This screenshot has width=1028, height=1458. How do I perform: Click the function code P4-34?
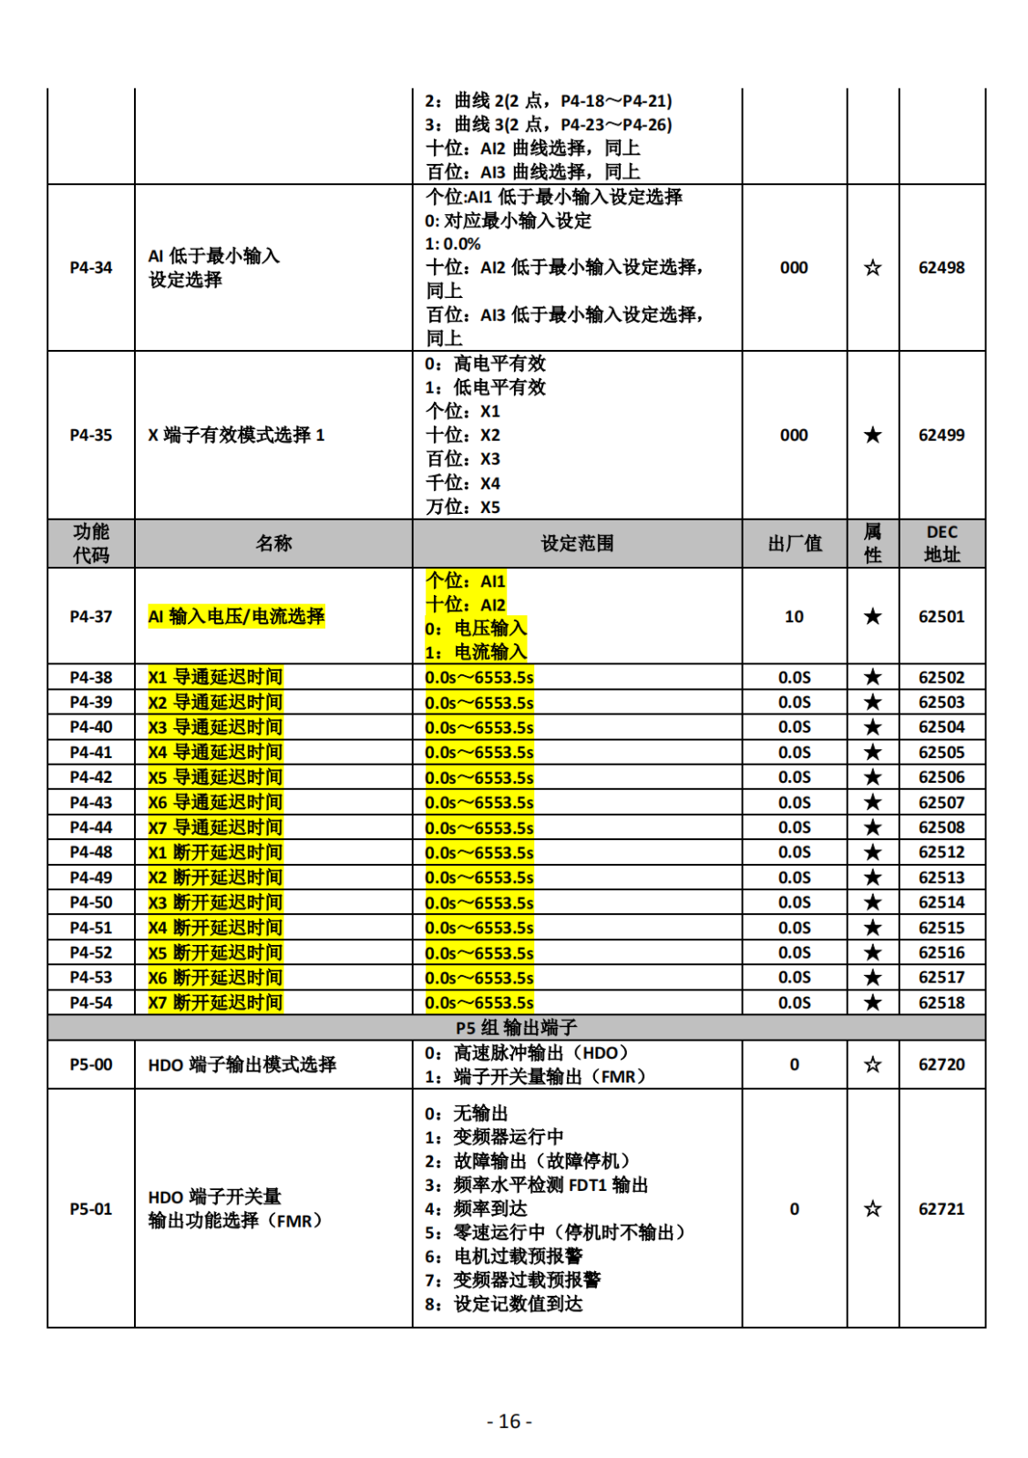click(91, 268)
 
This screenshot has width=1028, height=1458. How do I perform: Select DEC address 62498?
click(941, 268)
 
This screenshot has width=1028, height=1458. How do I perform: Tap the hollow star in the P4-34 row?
click(872, 268)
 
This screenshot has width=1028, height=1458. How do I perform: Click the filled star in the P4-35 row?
click(872, 436)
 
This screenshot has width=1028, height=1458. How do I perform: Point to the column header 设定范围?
click(577, 544)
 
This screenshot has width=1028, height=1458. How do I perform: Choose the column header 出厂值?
click(795, 544)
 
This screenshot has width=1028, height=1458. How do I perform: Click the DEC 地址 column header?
click(941, 544)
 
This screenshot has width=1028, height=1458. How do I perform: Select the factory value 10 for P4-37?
click(794, 617)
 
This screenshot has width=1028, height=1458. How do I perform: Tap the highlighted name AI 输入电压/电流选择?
click(236, 617)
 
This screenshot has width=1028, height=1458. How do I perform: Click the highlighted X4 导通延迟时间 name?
click(215, 753)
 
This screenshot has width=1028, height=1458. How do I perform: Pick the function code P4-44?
click(91, 827)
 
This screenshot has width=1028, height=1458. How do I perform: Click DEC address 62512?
click(941, 853)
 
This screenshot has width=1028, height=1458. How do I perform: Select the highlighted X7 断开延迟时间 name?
click(215, 1003)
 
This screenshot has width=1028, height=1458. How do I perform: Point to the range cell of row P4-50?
click(479, 903)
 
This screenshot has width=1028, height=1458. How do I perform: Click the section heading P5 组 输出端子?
click(516, 1028)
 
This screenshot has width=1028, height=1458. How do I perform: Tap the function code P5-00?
click(91, 1064)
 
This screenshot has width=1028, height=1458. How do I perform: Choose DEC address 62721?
click(941, 1209)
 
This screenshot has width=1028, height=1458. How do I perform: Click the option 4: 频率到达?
click(476, 1209)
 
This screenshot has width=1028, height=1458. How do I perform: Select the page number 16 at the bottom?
click(509, 1422)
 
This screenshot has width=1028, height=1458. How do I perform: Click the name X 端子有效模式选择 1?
click(236, 436)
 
